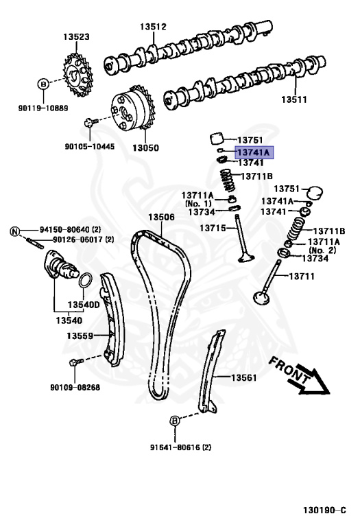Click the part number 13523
tap(77, 36)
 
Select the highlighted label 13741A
tap(254, 152)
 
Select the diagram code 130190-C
tap(326, 511)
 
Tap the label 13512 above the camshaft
tap(154, 27)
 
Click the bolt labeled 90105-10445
tap(88, 124)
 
